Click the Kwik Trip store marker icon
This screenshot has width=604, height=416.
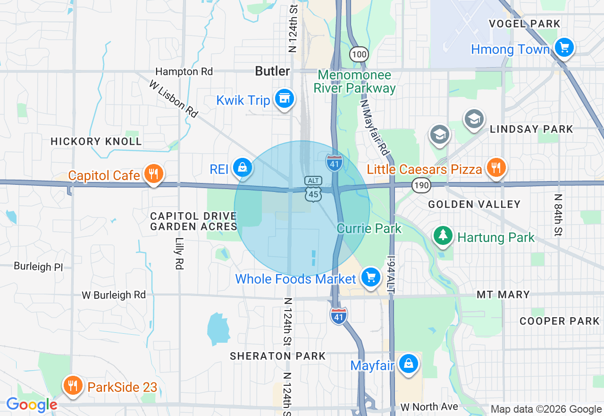click(284, 99)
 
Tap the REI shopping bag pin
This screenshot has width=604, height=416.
click(243, 168)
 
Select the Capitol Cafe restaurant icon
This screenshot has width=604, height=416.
click(153, 174)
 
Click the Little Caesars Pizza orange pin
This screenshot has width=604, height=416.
click(495, 167)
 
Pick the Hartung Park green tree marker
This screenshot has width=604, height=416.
click(443, 236)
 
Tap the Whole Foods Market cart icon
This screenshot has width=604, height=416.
click(370, 278)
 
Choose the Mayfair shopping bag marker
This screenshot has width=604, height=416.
click(409, 364)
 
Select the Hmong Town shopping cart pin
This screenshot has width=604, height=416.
click(563, 48)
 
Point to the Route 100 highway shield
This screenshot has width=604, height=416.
click(359, 54)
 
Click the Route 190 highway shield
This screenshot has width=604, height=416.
click(421, 185)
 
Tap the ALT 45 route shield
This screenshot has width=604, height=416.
click(313, 189)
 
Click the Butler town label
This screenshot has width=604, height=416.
click(272, 71)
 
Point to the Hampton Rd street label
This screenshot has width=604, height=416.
click(184, 71)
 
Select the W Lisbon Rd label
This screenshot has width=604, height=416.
click(173, 99)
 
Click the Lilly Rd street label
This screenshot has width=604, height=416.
click(179, 253)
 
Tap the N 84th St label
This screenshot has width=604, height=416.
click(559, 215)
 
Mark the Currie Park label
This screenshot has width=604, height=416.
click(369, 229)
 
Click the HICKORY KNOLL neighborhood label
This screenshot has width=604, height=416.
click(96, 141)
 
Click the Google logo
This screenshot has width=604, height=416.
click(32, 405)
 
